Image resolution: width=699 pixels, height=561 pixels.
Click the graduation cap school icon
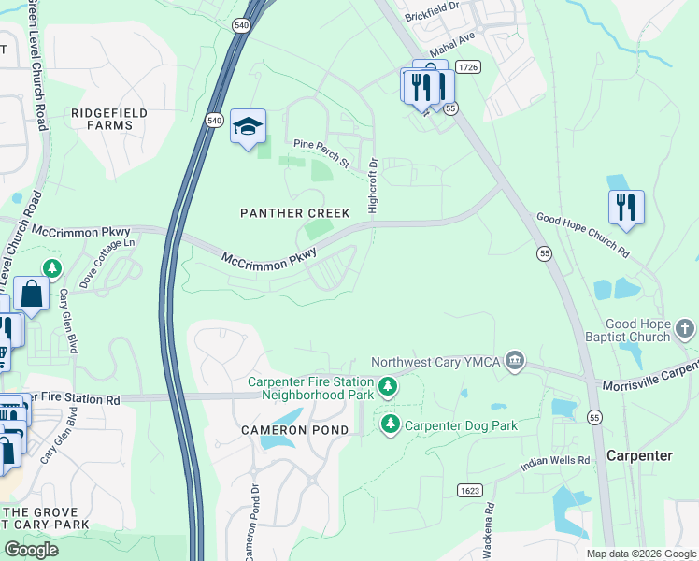tap(248, 127)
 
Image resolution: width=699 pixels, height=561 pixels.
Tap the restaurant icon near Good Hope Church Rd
tap(626, 208)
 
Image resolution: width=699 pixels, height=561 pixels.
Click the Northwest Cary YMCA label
tap(436, 362)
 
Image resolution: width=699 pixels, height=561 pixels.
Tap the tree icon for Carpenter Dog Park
tap(391, 425)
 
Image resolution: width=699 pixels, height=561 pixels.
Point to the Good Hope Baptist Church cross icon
tap(685, 328)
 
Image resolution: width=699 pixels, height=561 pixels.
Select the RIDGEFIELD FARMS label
tap(109, 119)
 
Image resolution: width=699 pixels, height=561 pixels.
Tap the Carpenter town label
tap(639, 455)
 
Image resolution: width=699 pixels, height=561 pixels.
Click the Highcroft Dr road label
tap(373, 184)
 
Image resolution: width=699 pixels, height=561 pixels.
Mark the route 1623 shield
tap(469, 490)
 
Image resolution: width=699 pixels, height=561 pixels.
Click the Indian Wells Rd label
tap(555, 461)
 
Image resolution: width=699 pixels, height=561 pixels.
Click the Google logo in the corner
tap(31, 550)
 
